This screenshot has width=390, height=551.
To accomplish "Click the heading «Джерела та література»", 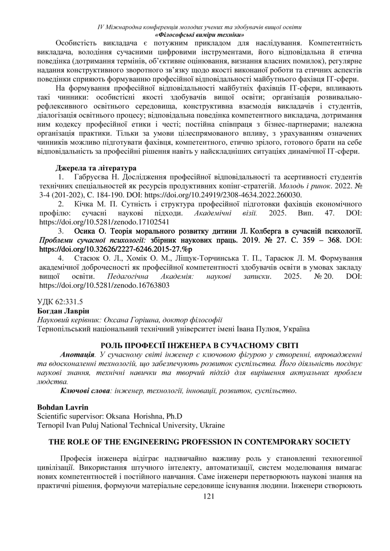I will (96, 168).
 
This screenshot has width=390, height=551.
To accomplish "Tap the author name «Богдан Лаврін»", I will (58, 310).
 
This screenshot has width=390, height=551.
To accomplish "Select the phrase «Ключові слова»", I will (85, 391).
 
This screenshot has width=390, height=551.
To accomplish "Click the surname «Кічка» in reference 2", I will (84, 204).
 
